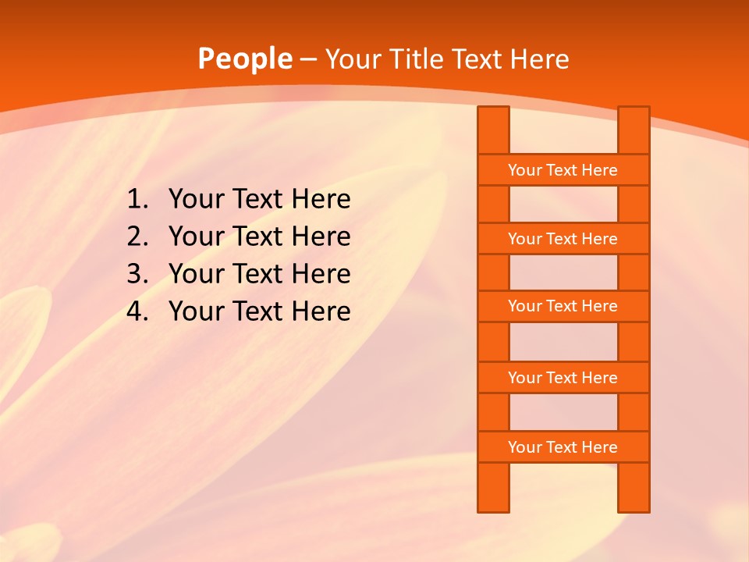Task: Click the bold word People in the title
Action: (x=244, y=59)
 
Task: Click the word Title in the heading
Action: (x=416, y=59)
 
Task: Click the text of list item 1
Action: (x=259, y=200)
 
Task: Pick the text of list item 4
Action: (x=259, y=311)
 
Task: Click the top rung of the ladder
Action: (x=563, y=170)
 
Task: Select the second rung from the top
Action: (x=563, y=239)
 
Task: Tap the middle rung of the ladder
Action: (x=563, y=306)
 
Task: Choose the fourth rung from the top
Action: (x=563, y=378)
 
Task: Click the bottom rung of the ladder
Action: (x=563, y=447)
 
